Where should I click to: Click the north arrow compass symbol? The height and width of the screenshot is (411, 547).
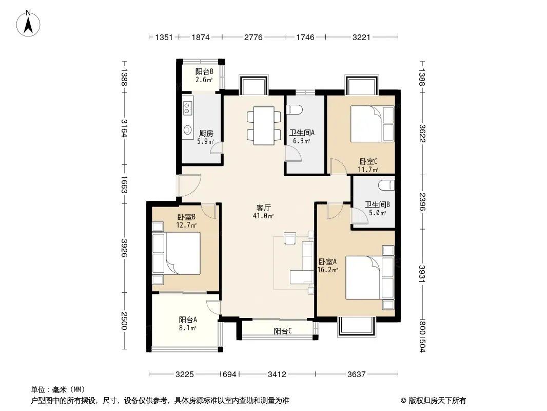coord(28,23)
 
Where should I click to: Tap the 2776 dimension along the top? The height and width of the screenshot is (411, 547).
coord(253,37)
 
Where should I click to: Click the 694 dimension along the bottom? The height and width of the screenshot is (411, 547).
coord(229,375)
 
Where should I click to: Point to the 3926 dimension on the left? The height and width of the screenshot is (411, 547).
coord(124,248)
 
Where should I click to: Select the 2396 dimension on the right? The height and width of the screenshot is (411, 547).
coord(422,202)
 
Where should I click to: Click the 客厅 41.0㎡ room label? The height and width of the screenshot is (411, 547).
coord(263,212)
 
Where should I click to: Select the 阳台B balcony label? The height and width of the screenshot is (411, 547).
coord(204,71)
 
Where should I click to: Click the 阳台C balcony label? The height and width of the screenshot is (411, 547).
coord(283,331)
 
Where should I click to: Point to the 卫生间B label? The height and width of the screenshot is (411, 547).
coord(377,204)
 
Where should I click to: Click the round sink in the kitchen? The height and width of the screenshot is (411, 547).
coord(187,130)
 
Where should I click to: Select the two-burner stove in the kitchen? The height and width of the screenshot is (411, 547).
coord(187,108)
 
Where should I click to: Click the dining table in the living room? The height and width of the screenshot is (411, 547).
coord(264,126)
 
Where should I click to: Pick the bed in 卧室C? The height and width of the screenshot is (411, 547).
coord(372,124)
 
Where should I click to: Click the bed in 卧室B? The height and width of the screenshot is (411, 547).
coord(177,253)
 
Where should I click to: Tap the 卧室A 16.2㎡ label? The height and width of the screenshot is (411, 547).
coord(327,266)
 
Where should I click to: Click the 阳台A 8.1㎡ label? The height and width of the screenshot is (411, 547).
coord(188,324)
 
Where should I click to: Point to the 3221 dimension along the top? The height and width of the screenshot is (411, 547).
coord(361,37)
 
